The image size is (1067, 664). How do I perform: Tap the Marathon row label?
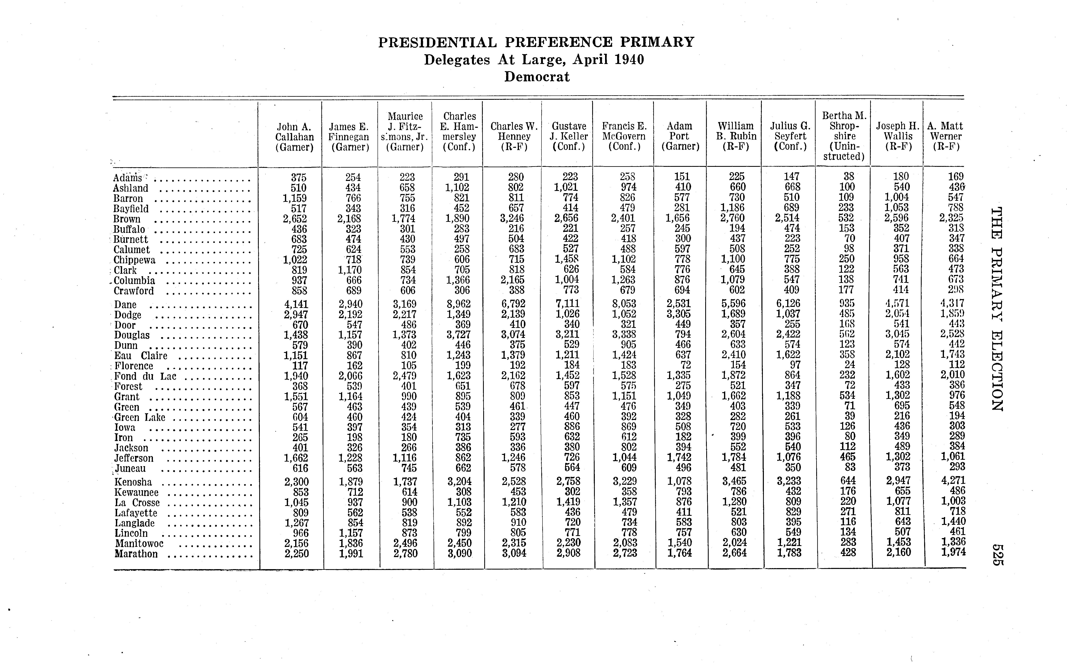click(x=136, y=554)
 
